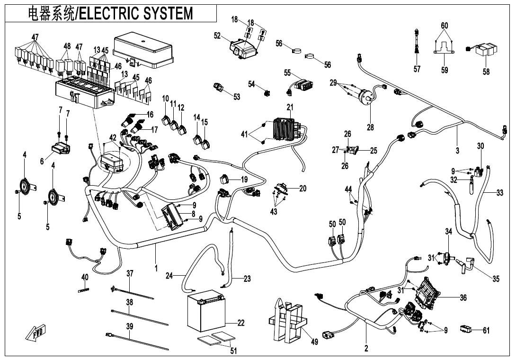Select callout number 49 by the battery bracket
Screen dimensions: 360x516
[x=314, y=342]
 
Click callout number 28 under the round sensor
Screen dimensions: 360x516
[x=370, y=127]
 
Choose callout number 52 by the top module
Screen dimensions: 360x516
[x=217, y=35]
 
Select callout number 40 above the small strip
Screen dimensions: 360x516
[x=85, y=277]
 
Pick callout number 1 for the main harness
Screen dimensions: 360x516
[x=156, y=269]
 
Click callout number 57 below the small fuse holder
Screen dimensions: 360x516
[x=417, y=69]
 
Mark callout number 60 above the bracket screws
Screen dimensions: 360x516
[x=444, y=25]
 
